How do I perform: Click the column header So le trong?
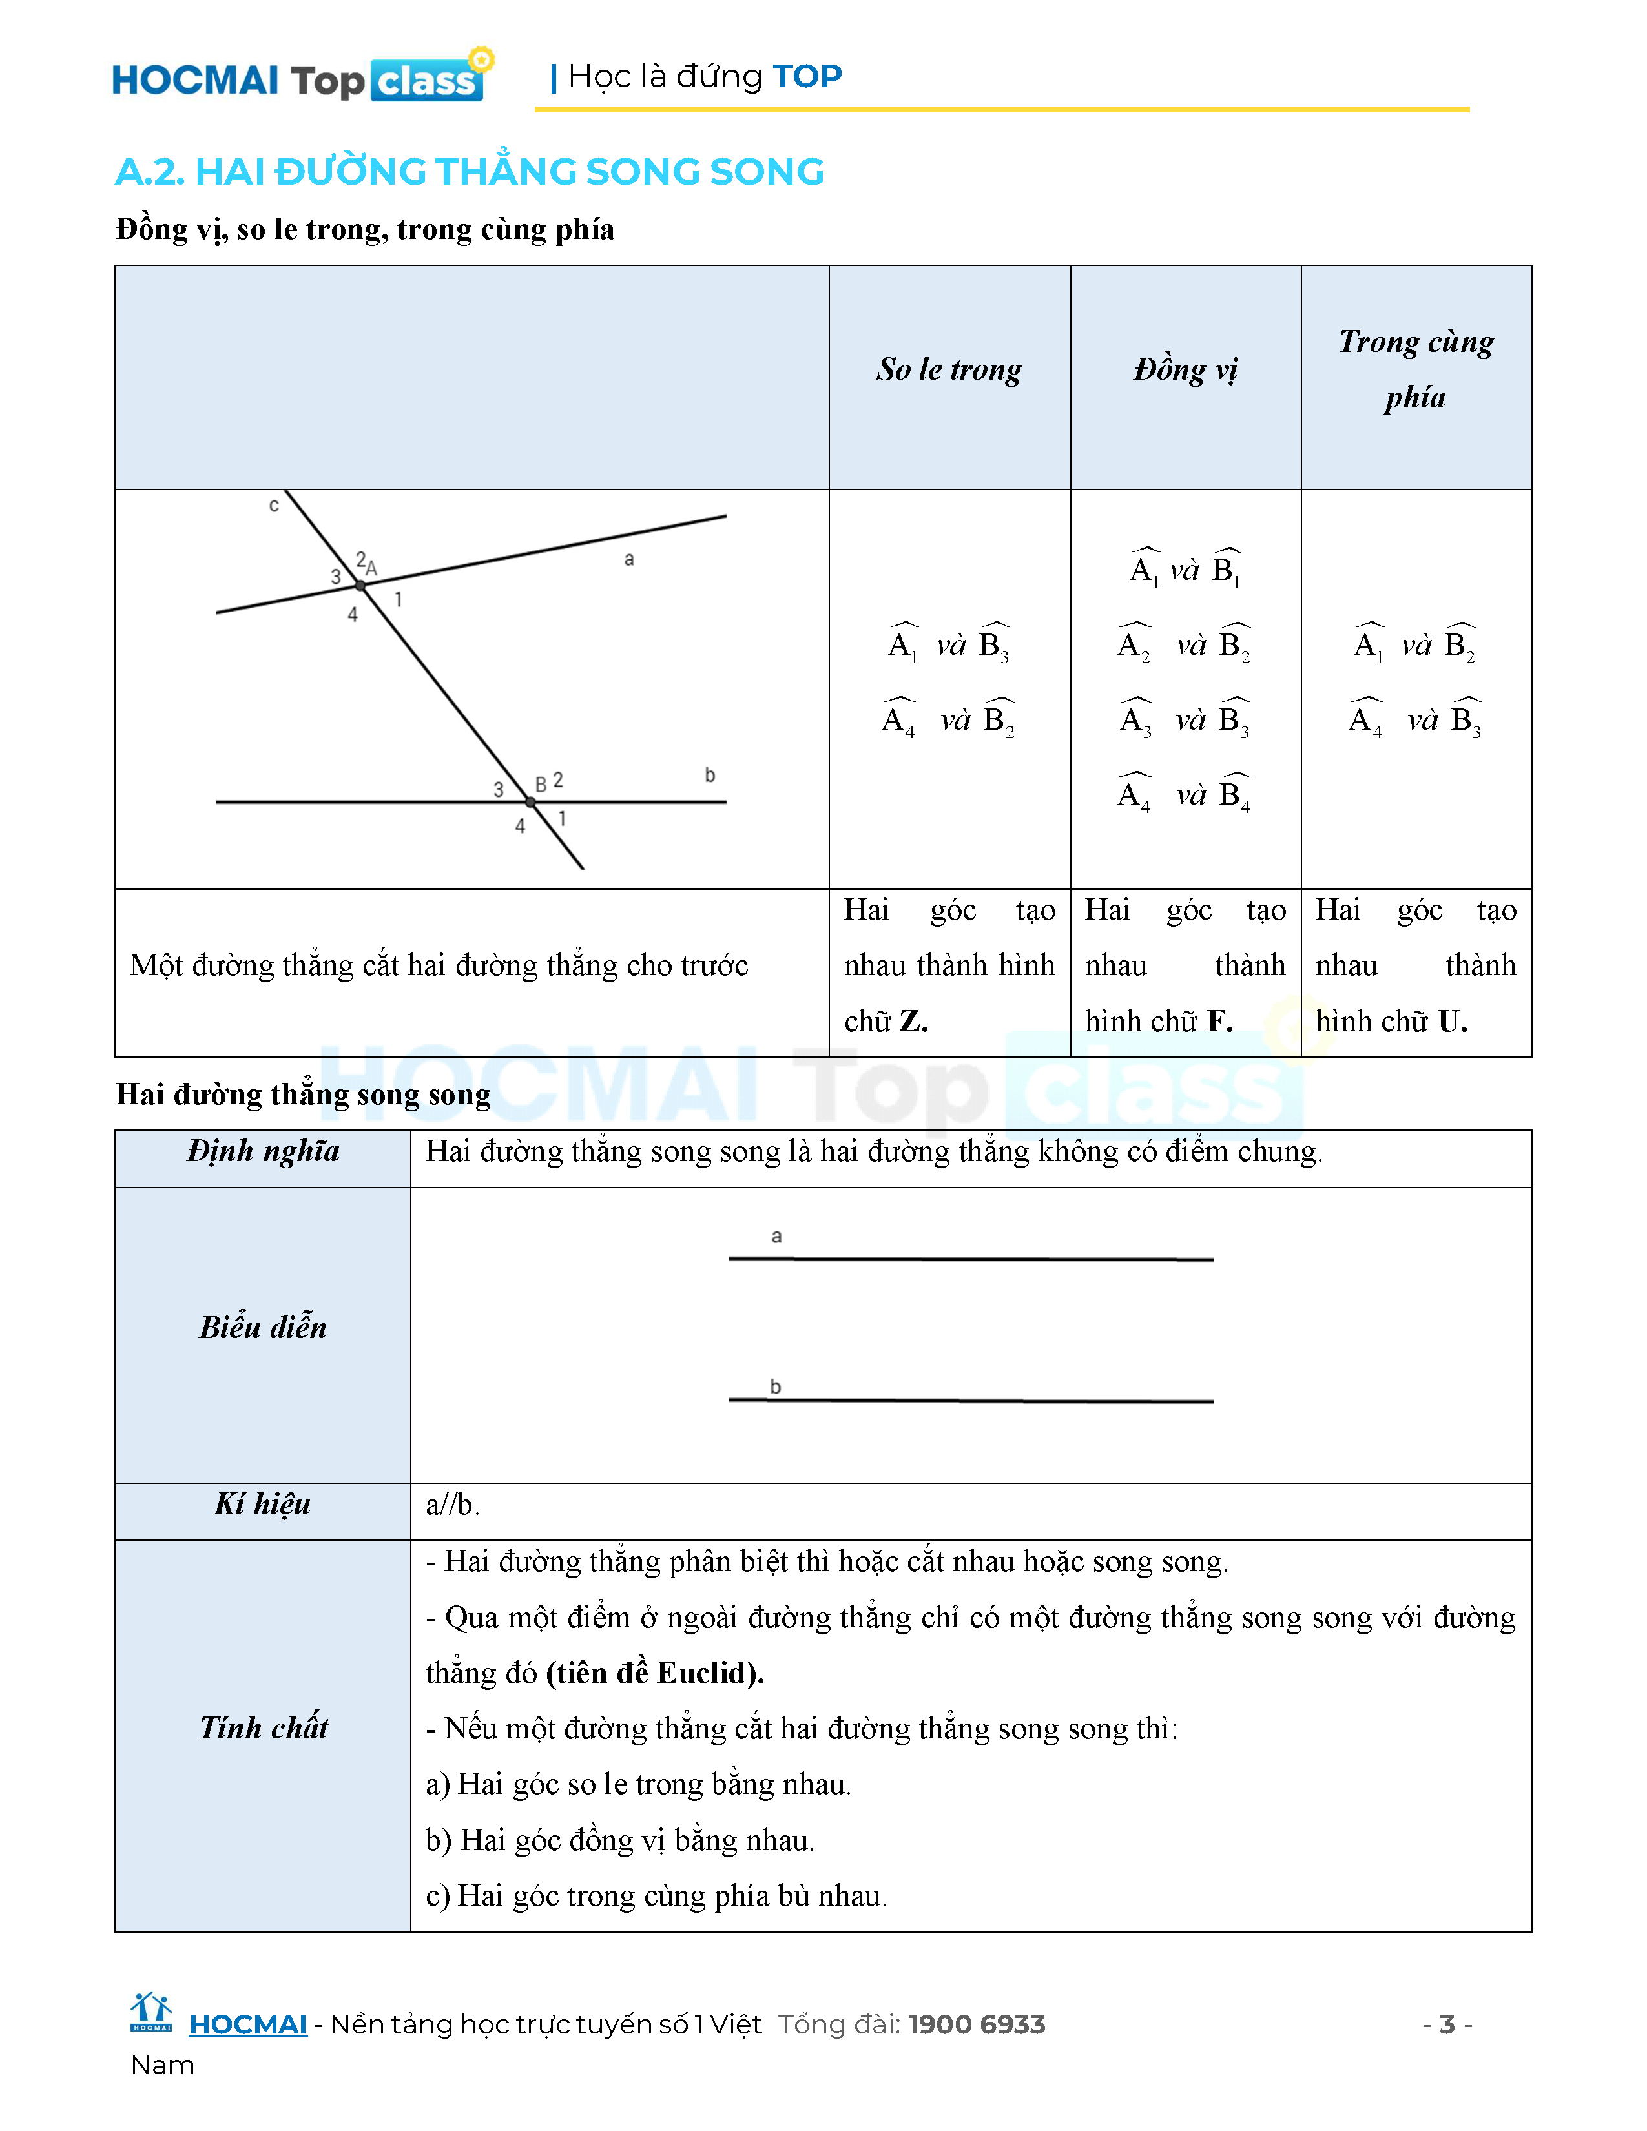point(948,370)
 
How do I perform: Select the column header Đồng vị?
point(1185,370)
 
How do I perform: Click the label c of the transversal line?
point(274,506)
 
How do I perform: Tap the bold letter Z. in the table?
point(913,1022)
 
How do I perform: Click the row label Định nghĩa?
point(264,1152)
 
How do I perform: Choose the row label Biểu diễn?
point(264,1328)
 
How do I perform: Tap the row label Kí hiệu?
point(264,1505)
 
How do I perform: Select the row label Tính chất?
point(264,1728)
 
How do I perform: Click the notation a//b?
point(451,1505)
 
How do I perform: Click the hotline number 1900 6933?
point(976,2024)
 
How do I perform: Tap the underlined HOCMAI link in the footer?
point(248,2024)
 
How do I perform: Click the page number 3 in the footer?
point(1447,2024)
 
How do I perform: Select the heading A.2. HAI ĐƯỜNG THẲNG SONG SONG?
point(470,172)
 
